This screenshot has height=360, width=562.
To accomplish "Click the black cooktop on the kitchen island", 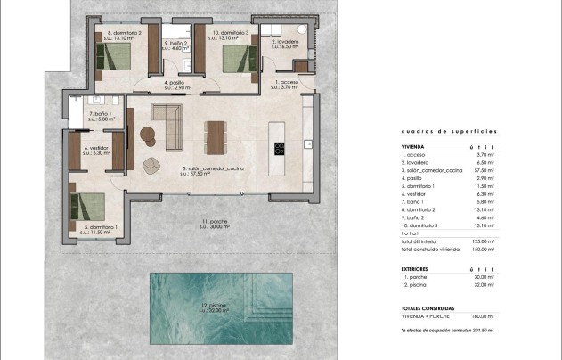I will (279, 147).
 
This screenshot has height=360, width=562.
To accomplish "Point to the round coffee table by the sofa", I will (148, 135).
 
